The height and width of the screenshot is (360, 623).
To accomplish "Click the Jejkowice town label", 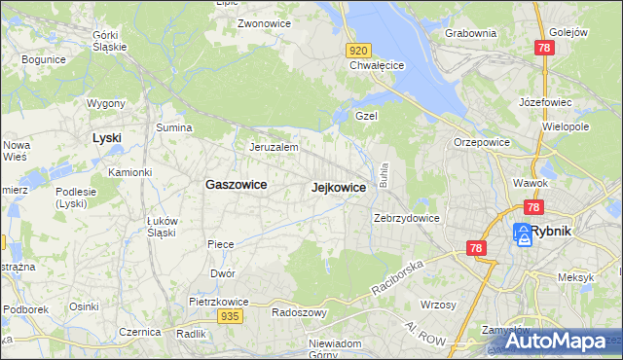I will click(x=339, y=187).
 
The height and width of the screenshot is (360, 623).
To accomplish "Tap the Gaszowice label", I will click(x=236, y=184).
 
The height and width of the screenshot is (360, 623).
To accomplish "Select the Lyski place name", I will click(x=106, y=138).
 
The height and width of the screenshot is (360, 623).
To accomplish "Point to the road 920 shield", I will click(x=358, y=50).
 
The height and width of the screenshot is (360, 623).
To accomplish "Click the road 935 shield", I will click(x=230, y=316).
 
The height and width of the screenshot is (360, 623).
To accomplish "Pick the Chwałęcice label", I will click(x=377, y=66).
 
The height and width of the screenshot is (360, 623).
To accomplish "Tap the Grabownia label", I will click(x=470, y=33).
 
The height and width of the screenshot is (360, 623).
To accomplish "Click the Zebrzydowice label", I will click(x=408, y=218).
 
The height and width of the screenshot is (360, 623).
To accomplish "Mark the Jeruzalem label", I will click(x=274, y=147).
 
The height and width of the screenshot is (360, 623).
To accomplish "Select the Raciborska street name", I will click(x=398, y=278).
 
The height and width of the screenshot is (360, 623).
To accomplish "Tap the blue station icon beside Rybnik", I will click(x=522, y=234).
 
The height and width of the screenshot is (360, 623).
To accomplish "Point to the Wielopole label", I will click(x=566, y=127).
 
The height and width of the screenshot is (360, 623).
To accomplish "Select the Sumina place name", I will click(x=173, y=127).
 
